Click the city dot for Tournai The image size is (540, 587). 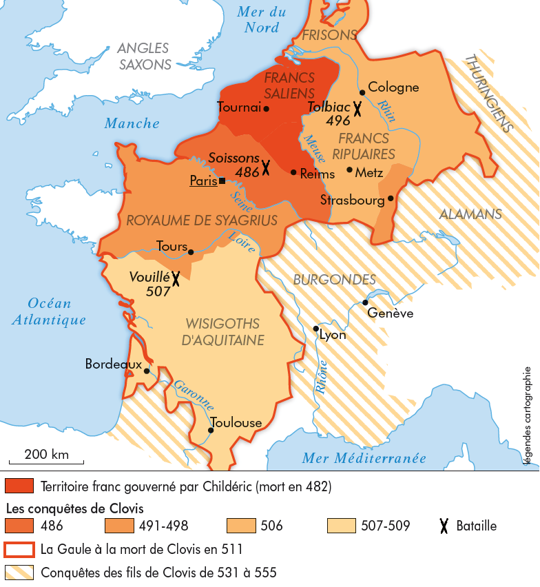tap(267, 108)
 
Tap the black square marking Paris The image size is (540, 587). tap(222, 181)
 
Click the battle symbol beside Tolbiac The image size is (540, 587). tap(357, 107)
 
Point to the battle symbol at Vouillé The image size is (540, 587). tap(176, 278)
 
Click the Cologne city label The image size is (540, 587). tap(393, 87)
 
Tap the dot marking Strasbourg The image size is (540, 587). tap(391, 198)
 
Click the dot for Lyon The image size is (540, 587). tap(316, 329)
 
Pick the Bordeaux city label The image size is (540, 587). tap(113, 364)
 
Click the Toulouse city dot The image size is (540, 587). tap(210, 431)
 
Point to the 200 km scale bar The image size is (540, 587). tap(46, 461)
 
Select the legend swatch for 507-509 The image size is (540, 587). tap(343, 526)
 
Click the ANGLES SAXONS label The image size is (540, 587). tap(144, 56)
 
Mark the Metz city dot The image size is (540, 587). tap(349, 169)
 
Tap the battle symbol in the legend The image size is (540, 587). tap(445, 526)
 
